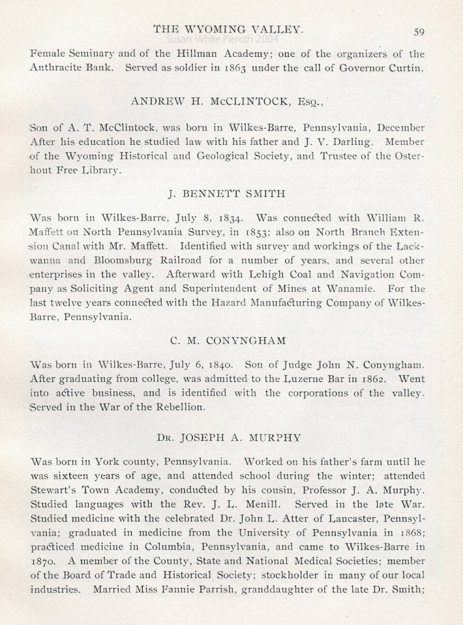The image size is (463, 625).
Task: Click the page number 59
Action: coord(419,30)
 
